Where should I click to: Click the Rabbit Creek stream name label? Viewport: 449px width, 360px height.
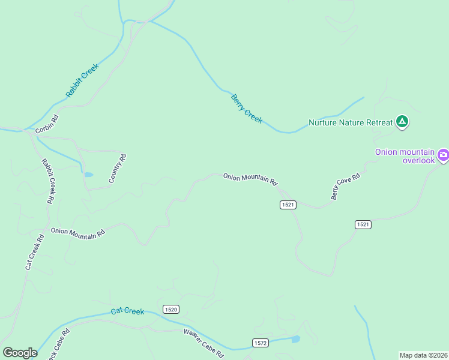tap(82, 80)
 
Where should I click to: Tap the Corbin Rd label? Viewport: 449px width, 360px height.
tap(47, 124)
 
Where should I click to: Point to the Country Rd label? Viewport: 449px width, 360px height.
tap(118, 169)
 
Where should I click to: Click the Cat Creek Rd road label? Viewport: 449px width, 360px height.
tap(35, 251)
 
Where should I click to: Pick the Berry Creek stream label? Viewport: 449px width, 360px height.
tap(247, 109)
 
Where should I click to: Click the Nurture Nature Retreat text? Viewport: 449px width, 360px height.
tap(351, 122)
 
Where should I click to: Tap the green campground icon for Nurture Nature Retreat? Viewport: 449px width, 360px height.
tap(402, 122)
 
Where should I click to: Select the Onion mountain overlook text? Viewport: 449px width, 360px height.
tap(405, 156)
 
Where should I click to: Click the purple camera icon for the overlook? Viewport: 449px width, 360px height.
tap(443, 156)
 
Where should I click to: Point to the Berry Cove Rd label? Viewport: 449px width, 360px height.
tap(345, 187)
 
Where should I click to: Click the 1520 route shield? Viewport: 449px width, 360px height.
tap(170, 309)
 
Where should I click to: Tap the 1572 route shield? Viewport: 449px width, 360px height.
tap(259, 343)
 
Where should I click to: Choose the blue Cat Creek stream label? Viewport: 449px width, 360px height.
tap(128, 311)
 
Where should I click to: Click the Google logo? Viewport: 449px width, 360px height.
tap(20, 353)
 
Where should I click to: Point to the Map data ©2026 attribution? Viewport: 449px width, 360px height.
tap(423, 355)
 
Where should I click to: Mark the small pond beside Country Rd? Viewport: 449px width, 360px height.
tap(88, 175)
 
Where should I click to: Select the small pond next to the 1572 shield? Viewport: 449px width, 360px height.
tap(295, 340)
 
